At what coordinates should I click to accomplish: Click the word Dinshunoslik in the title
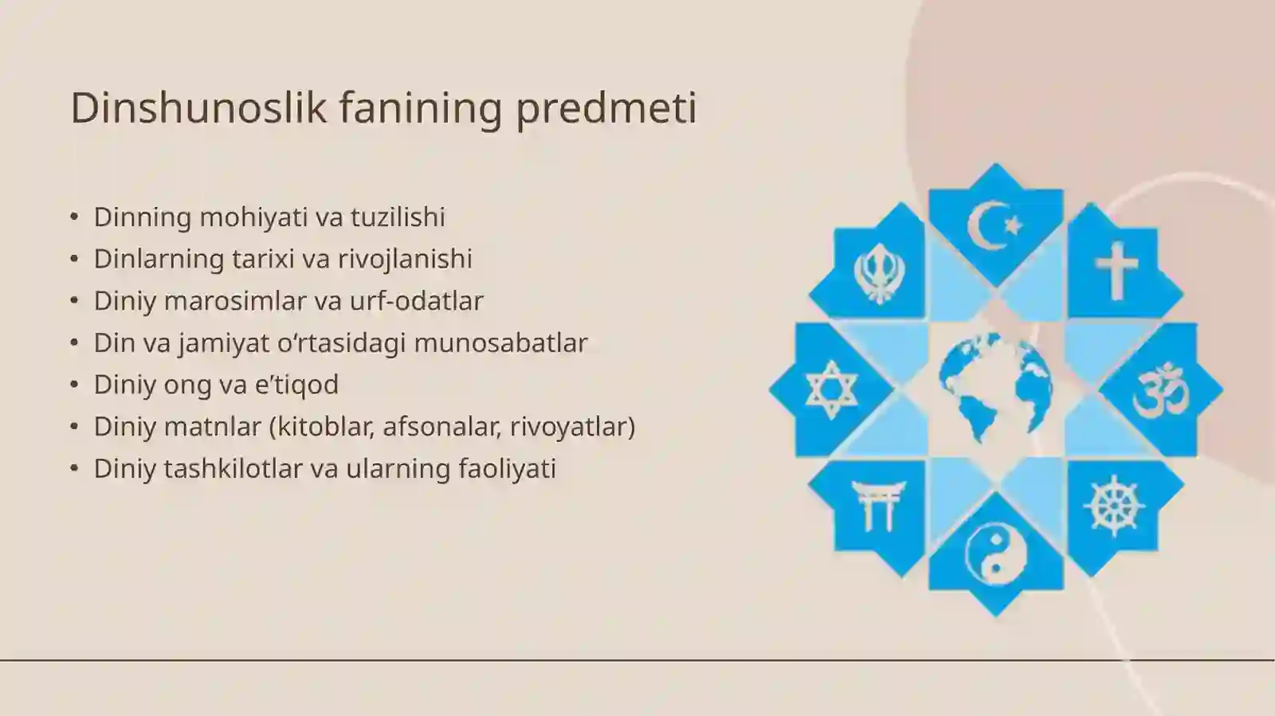(198, 108)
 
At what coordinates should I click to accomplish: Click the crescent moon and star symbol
(994, 225)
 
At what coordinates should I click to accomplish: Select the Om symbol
(1160, 390)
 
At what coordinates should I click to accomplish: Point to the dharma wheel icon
(1114, 507)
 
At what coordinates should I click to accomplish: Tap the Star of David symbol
(831, 390)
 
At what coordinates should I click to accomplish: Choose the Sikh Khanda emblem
(878, 272)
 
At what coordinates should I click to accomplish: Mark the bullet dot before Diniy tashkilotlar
(74, 468)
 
